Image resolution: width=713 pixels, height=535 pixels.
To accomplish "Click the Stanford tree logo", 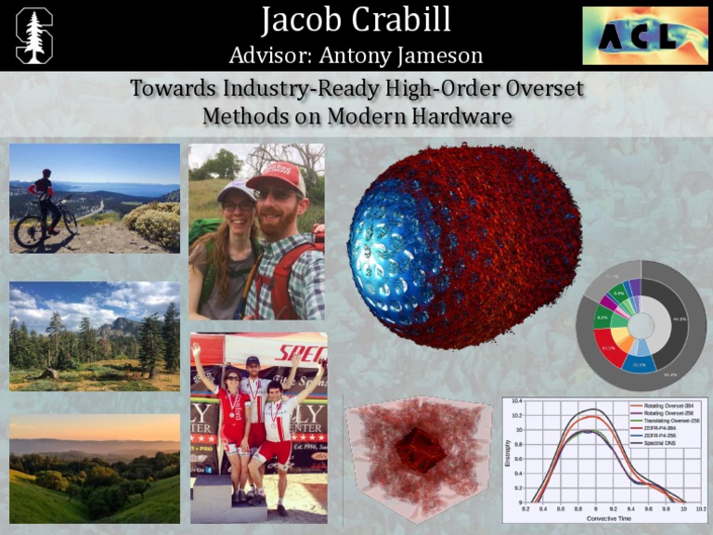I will (x=34, y=35).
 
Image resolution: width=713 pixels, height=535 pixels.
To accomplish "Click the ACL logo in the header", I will (x=643, y=35).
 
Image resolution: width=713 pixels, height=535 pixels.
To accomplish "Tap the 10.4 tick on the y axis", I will (x=516, y=401).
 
